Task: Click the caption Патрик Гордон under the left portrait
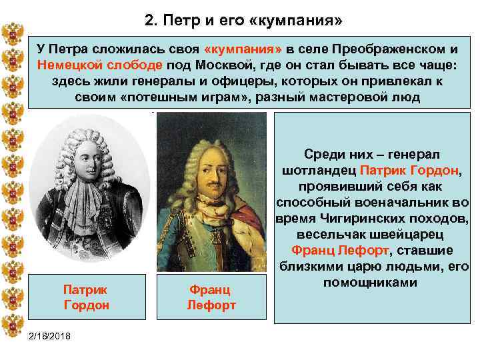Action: click(x=85, y=298)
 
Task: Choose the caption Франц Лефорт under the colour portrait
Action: click(x=211, y=298)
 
